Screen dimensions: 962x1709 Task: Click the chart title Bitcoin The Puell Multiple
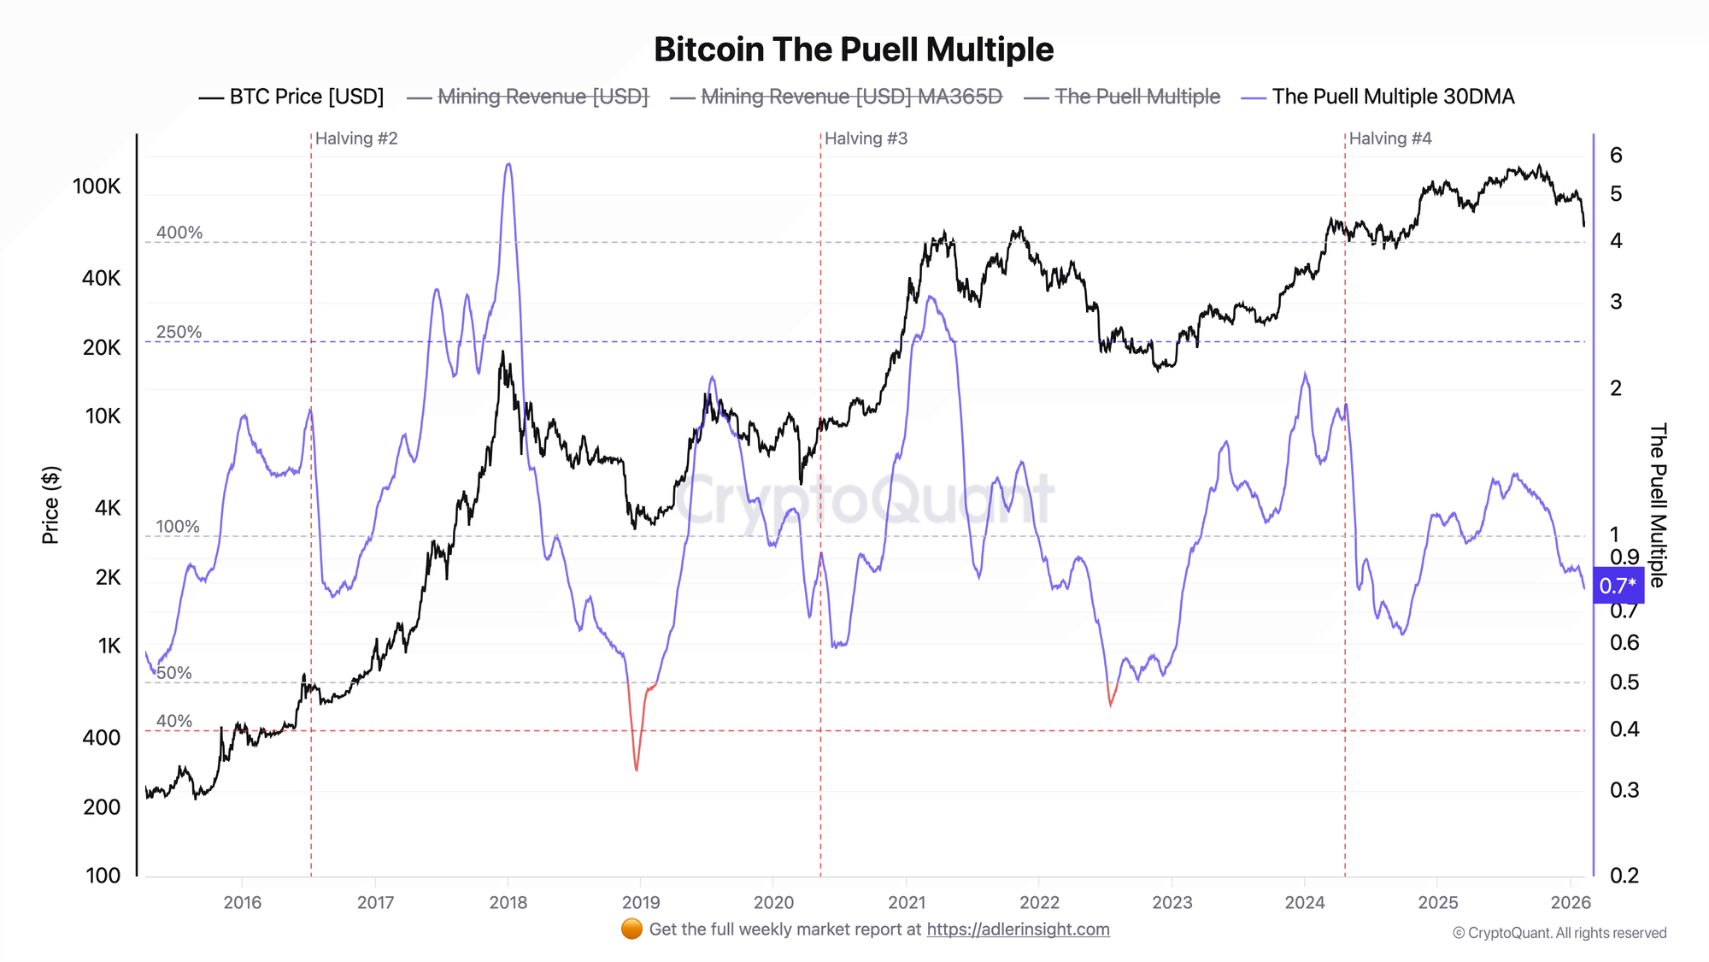point(854,50)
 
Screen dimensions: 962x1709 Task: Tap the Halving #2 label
point(356,139)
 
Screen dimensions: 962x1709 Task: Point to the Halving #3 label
point(866,139)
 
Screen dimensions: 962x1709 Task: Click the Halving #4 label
point(1390,139)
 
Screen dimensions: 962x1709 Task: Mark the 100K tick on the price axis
point(97,186)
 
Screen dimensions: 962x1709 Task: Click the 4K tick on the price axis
point(108,508)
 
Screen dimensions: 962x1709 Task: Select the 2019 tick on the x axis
point(641,902)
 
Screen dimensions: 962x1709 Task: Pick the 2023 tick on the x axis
point(1172,902)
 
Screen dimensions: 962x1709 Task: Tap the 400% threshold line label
point(179,233)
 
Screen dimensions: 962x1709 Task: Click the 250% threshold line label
point(179,332)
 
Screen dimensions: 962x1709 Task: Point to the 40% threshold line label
point(174,721)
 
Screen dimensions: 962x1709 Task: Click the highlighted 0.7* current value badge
point(1618,586)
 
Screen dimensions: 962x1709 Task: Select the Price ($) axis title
point(50,505)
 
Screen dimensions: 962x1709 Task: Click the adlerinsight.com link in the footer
point(1018,930)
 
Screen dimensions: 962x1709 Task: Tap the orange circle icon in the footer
point(631,930)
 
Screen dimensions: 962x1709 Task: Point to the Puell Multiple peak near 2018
point(508,164)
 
